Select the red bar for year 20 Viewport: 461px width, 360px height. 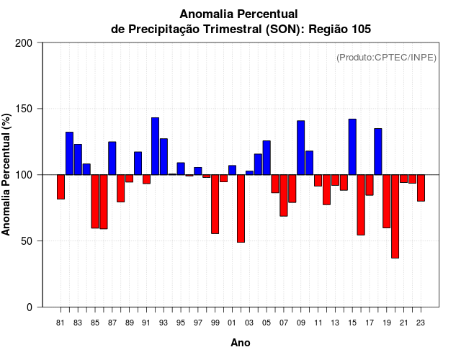395,216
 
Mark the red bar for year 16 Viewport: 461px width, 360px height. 361,204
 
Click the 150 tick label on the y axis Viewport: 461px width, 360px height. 24,109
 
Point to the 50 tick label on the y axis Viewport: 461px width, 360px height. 27,241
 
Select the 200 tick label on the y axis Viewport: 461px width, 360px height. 24,43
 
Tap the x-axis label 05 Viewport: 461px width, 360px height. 267,323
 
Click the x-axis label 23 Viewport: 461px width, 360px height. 421,323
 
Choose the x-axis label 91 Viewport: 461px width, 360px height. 146,323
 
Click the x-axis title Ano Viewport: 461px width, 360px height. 241,343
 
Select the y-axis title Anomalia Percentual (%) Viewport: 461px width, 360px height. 6,174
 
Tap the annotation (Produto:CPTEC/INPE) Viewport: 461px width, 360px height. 386,58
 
